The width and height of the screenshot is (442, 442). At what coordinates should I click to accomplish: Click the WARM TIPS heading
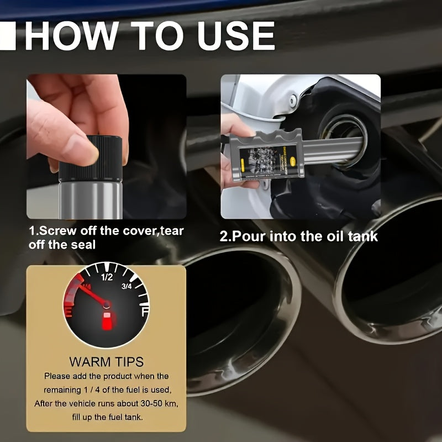coord(107,362)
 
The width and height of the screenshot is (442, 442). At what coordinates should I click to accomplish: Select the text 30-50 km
coord(150,403)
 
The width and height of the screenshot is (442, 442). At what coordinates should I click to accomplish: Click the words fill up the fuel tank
coord(107,417)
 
